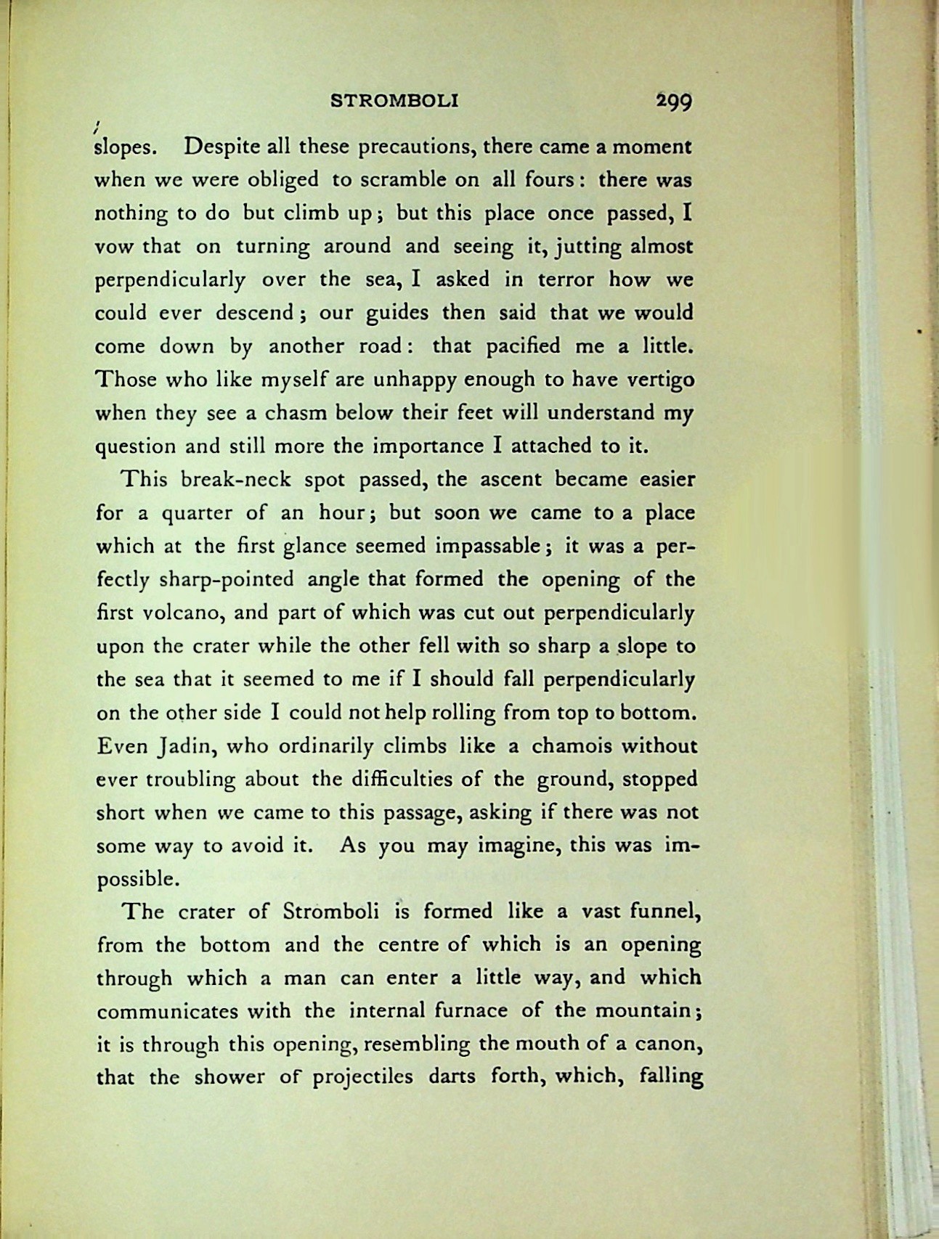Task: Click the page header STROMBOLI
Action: click(x=394, y=101)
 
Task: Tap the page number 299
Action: click(x=674, y=101)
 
